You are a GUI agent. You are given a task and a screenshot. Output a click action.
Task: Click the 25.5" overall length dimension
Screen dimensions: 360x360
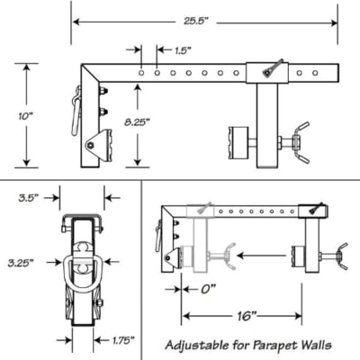195,22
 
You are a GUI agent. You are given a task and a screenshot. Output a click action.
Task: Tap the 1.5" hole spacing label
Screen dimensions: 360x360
183,50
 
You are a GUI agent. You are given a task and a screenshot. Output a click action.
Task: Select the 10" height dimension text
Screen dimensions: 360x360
25,116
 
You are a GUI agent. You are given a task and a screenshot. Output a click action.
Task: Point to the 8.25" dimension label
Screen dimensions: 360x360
137,121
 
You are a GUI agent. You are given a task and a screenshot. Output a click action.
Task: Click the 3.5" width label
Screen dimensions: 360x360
29,198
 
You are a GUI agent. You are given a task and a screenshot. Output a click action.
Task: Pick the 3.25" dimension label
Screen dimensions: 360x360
21,263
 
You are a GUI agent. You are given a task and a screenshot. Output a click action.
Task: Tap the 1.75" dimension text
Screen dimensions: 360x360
123,340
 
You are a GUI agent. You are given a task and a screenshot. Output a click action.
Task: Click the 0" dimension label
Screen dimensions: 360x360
209,290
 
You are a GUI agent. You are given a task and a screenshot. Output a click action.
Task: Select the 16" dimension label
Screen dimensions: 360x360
245,316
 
